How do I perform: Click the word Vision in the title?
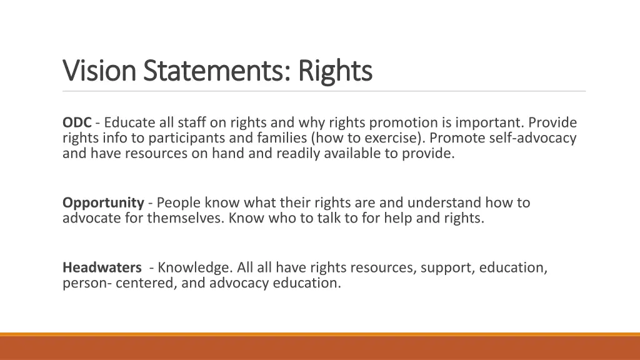coord(100,71)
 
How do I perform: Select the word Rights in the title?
coord(335,71)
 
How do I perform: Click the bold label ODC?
coord(77,122)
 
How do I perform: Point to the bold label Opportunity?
coord(103,202)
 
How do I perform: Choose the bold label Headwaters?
coord(102,267)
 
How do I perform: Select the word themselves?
coord(186,217)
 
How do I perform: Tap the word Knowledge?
coord(195,267)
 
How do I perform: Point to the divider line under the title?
coord(324,91)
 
